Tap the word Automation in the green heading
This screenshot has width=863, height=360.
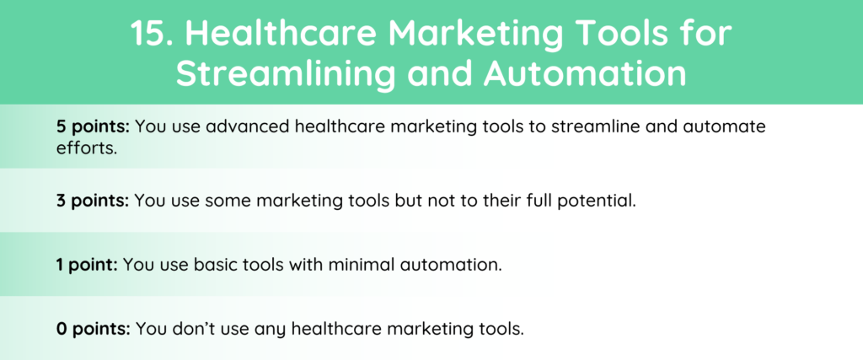585,73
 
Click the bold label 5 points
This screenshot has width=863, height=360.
93,127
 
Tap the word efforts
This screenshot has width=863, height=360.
87,148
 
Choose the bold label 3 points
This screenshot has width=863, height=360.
93,201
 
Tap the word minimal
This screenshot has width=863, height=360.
362,265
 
